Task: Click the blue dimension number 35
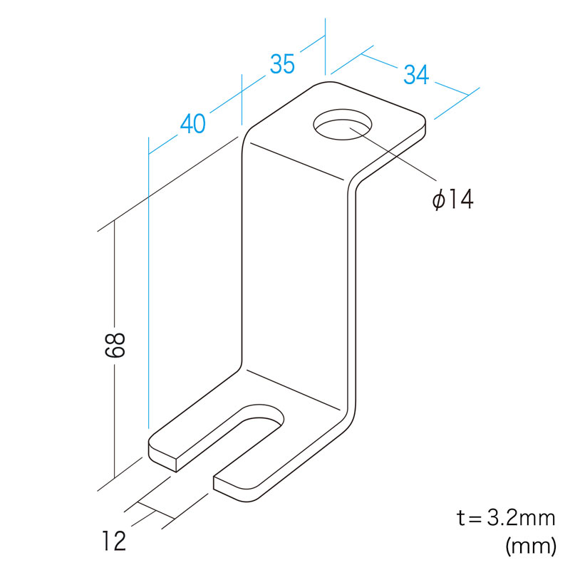point(282,64)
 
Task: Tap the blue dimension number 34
point(416,75)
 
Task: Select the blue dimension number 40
point(192,123)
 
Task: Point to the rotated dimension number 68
point(115,344)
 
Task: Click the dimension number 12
point(114,541)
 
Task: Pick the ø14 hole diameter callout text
point(453,199)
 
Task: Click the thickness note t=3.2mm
point(506,518)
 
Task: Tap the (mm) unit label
point(531,546)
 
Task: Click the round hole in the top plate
point(343,124)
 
